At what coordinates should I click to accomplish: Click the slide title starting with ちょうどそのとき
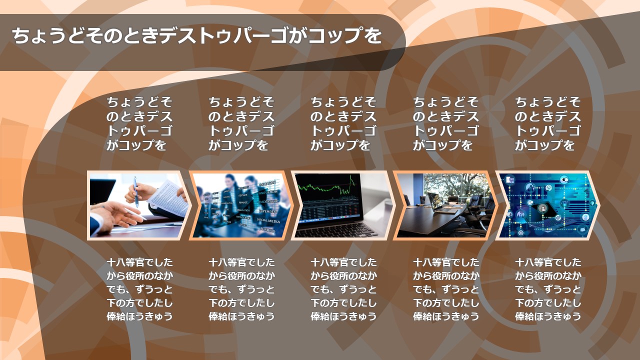coord(197,35)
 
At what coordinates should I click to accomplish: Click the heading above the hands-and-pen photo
coord(139,123)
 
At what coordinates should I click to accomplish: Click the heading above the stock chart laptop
coord(343,123)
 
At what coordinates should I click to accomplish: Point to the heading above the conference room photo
coord(445,123)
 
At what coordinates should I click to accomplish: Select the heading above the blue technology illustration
coord(548,123)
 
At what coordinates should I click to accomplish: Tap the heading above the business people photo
coord(241,123)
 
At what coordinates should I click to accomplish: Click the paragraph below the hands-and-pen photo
coord(139,289)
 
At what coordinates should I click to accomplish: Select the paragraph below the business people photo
coord(241,289)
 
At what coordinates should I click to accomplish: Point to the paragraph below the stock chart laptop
coord(343,289)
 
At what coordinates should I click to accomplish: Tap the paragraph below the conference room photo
coord(446,289)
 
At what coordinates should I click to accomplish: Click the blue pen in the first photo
coord(136,191)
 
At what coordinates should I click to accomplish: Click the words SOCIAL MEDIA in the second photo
coord(268,220)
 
